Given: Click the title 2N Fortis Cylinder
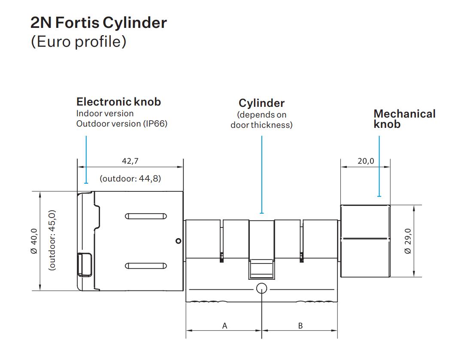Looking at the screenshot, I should [98, 23].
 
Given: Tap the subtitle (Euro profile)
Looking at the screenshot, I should [79, 42].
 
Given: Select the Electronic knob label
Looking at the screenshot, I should [118, 102].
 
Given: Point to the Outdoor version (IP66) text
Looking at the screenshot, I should [122, 124].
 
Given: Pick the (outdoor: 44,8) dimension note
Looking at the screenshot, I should [130, 178].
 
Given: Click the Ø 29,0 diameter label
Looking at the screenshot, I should [408, 241].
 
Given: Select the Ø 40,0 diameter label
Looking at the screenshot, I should [34, 241].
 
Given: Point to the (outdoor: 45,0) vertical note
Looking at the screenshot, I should [52, 239].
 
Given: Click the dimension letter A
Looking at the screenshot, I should [224, 326].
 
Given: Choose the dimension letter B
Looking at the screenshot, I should [300, 326].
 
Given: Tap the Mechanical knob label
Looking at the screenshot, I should [404, 119].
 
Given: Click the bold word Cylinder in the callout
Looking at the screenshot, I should [261, 103].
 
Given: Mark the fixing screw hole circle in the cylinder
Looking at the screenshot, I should [262, 288].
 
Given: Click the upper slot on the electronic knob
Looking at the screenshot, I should [146, 216].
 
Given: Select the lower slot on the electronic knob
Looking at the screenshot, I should [146, 266].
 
